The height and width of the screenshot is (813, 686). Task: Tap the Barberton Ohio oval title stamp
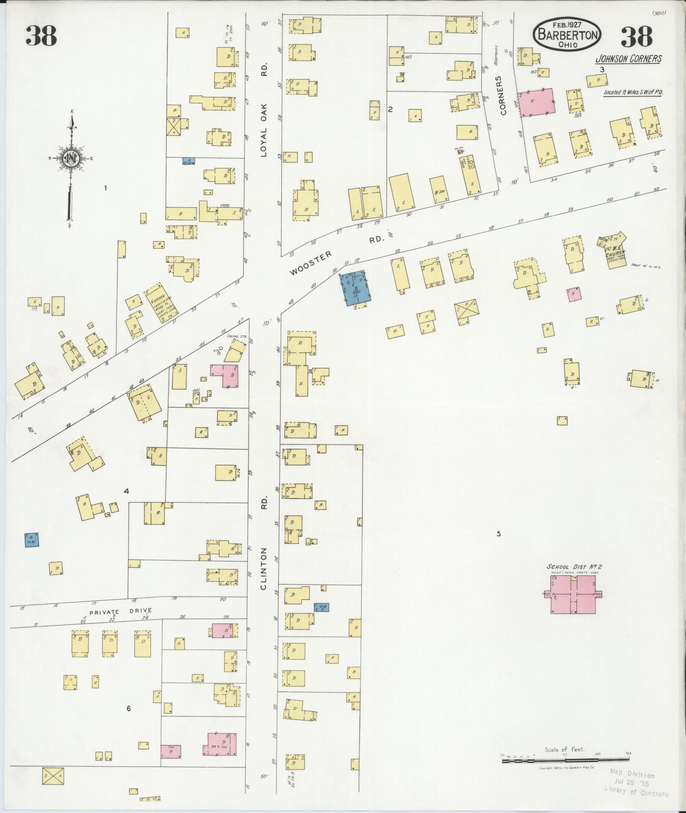(567, 35)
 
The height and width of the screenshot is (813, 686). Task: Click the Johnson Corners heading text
(628, 59)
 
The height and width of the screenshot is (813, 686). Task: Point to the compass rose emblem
(70, 159)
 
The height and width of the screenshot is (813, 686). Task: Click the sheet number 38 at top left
(41, 36)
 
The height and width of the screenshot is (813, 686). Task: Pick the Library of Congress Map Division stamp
(635, 783)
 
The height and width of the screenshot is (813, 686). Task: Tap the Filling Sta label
(236, 336)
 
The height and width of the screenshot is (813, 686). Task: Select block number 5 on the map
(498, 534)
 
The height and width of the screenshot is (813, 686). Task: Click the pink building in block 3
(536, 102)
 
